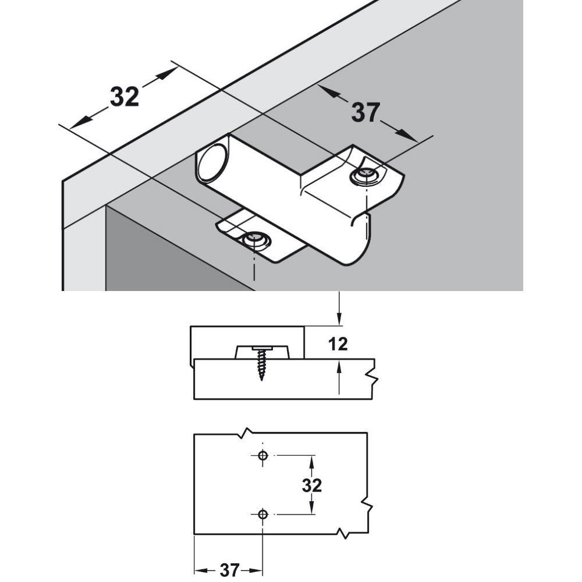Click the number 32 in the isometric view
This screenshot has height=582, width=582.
[x=125, y=97]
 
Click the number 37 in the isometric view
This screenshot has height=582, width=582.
[x=365, y=112]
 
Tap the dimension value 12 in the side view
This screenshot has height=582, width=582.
[x=338, y=344]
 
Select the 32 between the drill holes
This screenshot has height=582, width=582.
[x=312, y=485]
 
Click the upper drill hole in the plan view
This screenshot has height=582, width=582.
[x=262, y=455]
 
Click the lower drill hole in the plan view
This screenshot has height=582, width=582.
[x=262, y=514]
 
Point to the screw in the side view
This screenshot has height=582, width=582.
[x=261, y=364]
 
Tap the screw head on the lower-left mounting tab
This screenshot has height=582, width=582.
[x=254, y=238]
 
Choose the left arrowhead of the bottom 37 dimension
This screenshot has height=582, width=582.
[x=198, y=570]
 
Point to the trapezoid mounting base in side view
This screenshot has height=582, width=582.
[x=261, y=352]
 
